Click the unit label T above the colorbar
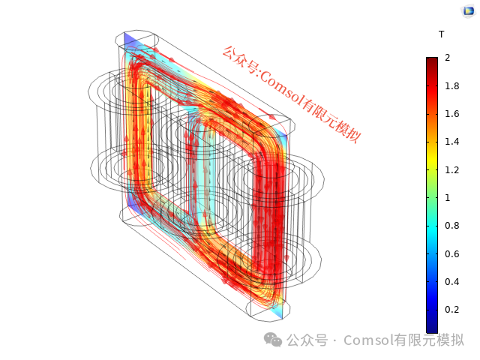[441, 34]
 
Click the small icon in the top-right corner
[467, 10]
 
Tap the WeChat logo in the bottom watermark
[273, 340]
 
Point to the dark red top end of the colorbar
[431, 61]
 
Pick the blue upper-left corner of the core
[128, 40]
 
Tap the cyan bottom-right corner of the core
[279, 308]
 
